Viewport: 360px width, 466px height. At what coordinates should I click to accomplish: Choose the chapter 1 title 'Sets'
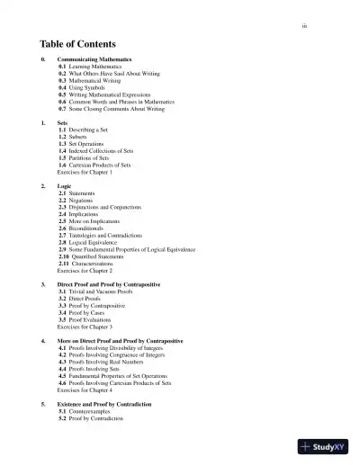[63, 122]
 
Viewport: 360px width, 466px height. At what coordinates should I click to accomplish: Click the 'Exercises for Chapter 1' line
[85, 171]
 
